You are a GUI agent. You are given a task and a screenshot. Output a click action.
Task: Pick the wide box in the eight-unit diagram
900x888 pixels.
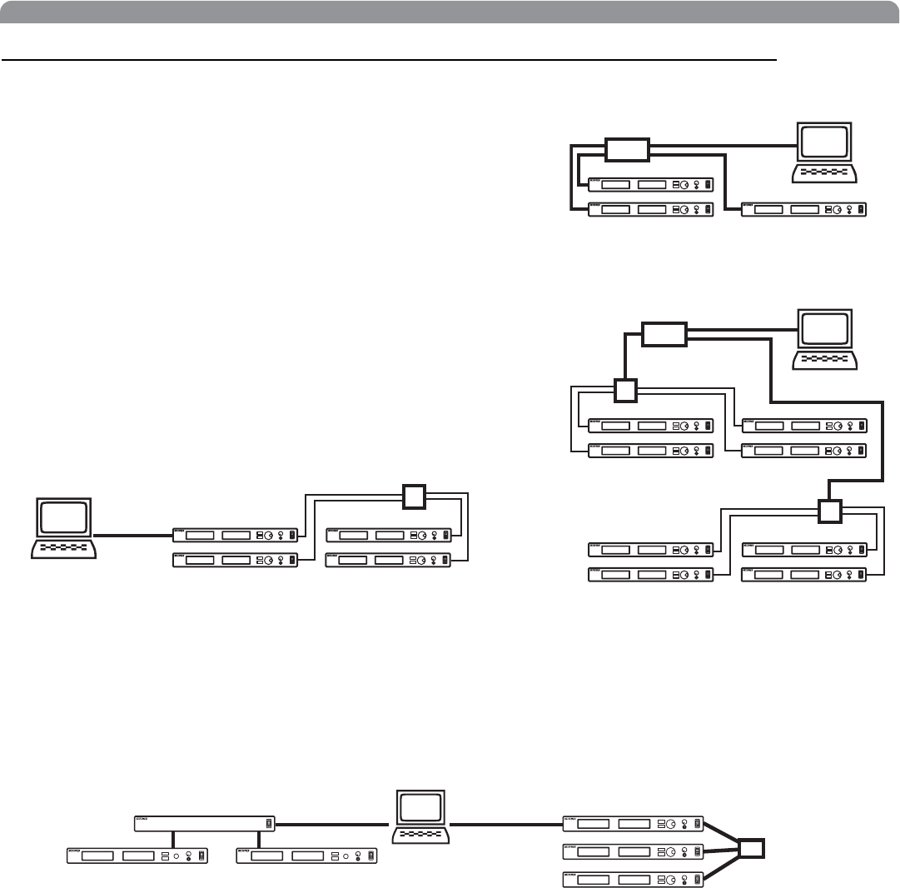click(x=664, y=335)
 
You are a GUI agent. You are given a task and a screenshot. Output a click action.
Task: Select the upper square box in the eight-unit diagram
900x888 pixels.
click(x=624, y=391)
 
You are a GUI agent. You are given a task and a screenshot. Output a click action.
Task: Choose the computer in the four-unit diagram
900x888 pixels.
click(x=63, y=528)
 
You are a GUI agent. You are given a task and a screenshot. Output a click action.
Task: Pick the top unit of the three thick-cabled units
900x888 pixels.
click(x=634, y=824)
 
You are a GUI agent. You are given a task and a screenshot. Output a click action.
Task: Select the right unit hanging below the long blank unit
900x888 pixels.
click(x=306, y=856)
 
